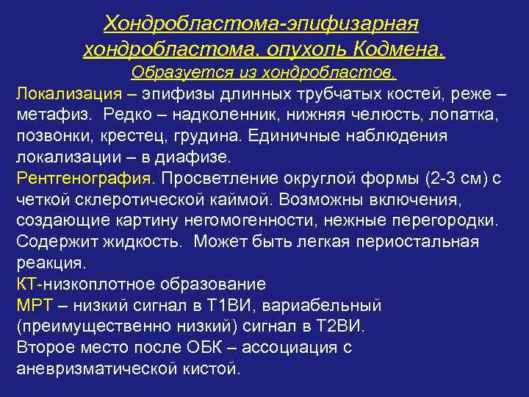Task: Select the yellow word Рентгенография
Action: [85, 179]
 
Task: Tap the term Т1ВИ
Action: [227, 305]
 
